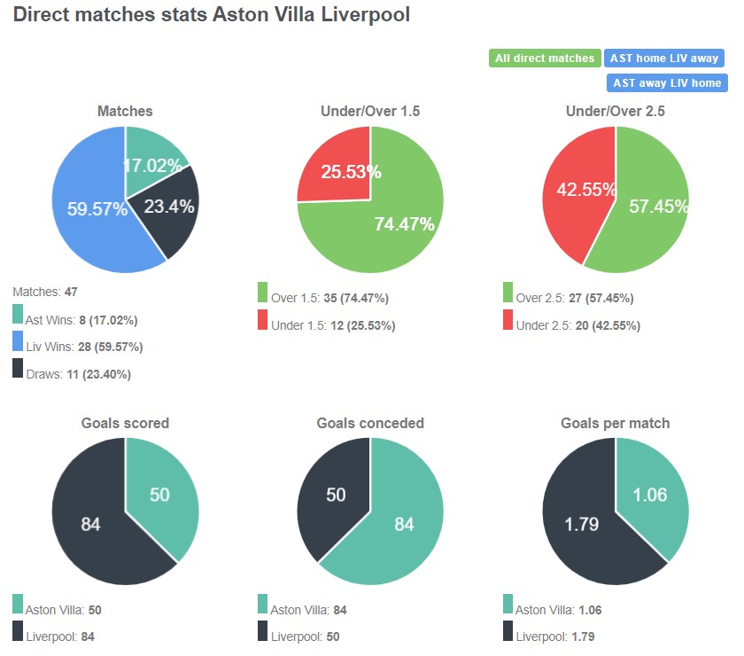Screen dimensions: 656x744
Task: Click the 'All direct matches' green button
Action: (x=545, y=59)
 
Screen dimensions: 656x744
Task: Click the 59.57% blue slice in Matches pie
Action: (x=89, y=208)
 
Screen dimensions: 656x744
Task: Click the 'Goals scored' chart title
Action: (x=125, y=423)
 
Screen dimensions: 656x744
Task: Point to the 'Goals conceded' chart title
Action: (x=370, y=423)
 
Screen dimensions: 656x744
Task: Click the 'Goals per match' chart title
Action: (x=615, y=423)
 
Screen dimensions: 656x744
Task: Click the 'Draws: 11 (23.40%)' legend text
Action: (x=78, y=374)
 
